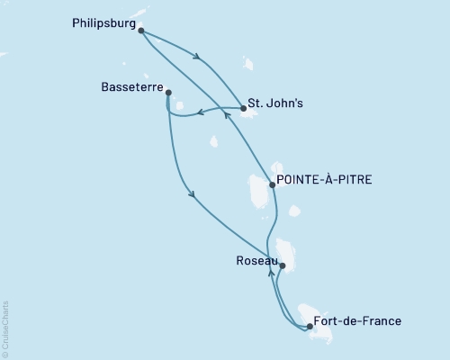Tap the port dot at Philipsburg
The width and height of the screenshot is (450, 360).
pos(141,30)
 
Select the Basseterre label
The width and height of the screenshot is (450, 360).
pos(130,89)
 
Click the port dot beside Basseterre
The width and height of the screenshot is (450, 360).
pos(168,92)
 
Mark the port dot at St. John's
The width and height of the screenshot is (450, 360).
pos(244,109)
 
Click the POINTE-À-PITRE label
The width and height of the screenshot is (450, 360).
pos(324,180)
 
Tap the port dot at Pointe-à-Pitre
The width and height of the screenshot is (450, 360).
pos(273,184)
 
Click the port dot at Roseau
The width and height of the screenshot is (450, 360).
pos(283,265)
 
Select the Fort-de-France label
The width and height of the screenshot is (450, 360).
pos(357,321)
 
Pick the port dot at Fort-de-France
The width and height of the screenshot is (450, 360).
pos(309,327)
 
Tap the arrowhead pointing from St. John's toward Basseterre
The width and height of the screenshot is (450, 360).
pos(200,112)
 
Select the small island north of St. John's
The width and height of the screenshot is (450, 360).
pos(248,64)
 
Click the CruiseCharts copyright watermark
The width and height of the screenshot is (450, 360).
pos(4,328)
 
